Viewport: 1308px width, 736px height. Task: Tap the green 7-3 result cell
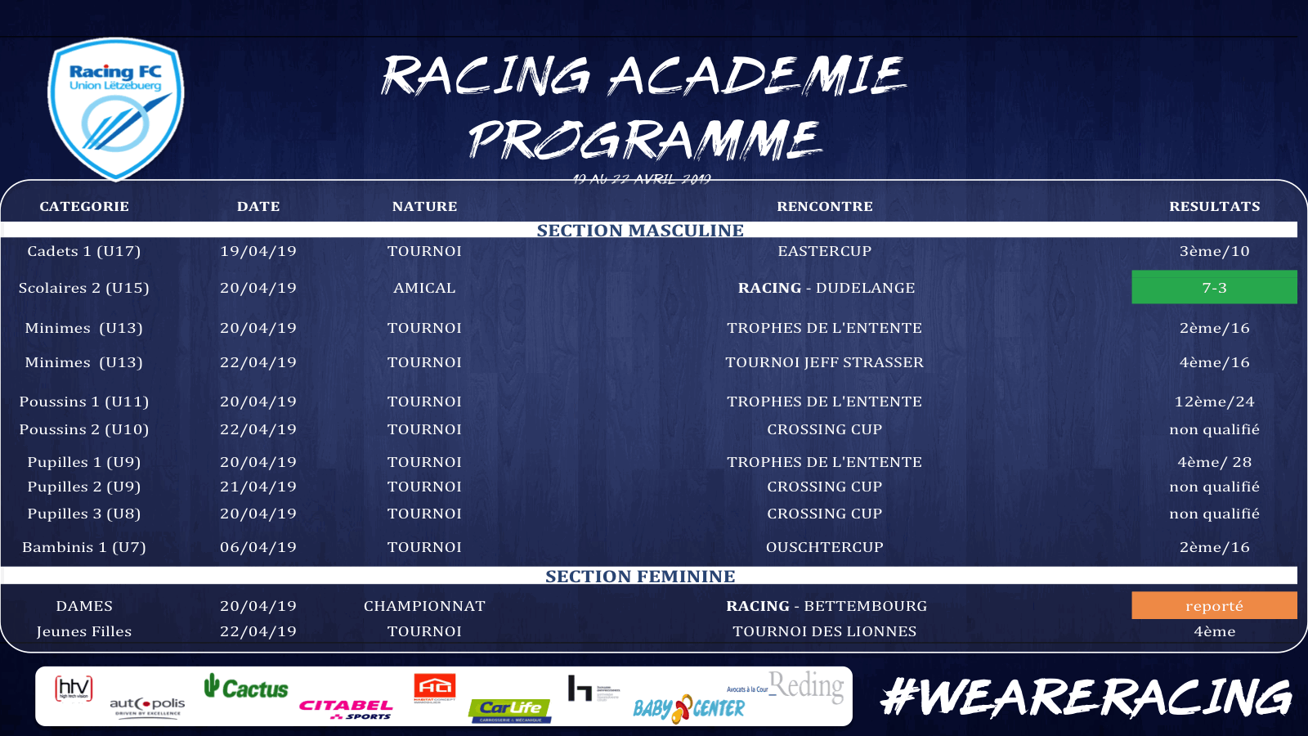point(1214,287)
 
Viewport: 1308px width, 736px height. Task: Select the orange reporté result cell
point(1214,605)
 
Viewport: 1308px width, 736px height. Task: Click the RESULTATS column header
point(1214,206)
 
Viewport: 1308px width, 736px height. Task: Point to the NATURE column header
point(424,206)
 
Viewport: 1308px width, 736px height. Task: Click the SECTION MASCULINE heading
point(640,231)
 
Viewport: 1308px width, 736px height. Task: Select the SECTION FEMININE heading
point(640,577)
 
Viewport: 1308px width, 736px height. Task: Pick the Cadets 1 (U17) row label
point(84,251)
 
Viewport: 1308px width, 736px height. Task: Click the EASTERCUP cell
point(824,251)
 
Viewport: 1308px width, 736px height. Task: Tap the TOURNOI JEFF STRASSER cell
point(824,362)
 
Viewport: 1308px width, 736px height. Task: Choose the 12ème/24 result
point(1214,402)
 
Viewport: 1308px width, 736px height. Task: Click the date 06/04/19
point(258,547)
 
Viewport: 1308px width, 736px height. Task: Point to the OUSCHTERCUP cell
point(824,547)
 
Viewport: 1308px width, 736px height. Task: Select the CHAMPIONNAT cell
point(424,606)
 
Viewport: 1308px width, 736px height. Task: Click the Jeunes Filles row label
point(84,631)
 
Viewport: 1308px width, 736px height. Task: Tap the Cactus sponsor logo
point(246,688)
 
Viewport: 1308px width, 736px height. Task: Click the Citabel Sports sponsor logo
point(346,708)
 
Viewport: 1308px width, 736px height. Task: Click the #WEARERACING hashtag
point(1086,698)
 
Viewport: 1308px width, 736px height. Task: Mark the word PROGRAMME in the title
point(644,139)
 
